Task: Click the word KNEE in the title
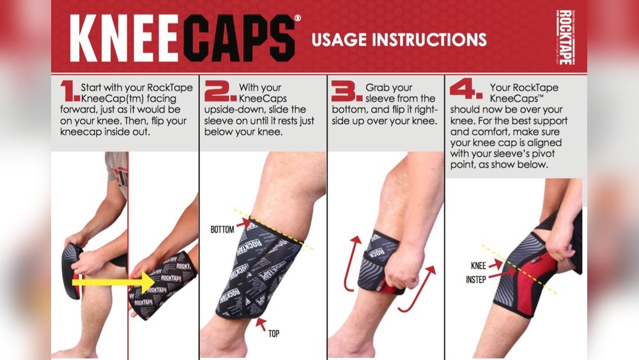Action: (125, 38)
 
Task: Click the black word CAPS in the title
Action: (239, 38)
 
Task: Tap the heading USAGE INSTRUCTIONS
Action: (399, 40)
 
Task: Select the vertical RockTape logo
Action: (565, 37)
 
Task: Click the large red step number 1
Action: (70, 91)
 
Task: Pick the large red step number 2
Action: (220, 91)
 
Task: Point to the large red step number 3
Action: (346, 91)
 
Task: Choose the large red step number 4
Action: (466, 89)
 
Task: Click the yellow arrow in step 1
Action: (113, 282)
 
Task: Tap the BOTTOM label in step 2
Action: (222, 230)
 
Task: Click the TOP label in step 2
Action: (274, 334)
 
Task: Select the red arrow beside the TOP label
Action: (261, 324)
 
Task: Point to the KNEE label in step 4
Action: (479, 266)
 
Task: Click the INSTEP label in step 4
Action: (476, 279)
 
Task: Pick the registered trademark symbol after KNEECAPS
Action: (298, 18)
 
